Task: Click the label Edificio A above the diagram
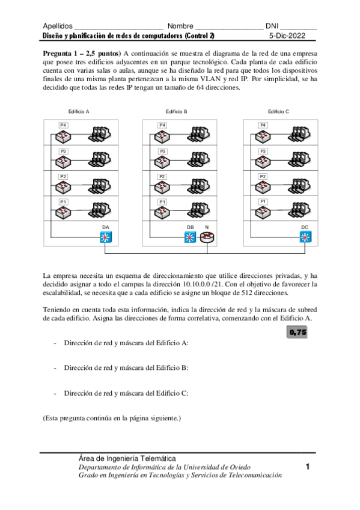click(79, 111)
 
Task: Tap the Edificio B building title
click(177, 111)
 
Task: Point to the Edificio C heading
click(278, 111)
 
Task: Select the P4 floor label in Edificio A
click(63, 124)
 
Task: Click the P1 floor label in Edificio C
click(263, 201)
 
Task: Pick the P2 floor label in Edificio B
click(162, 176)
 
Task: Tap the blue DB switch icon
click(191, 237)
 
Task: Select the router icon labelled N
click(207, 237)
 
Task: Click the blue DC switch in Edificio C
click(305, 237)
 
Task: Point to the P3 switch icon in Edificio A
click(63, 161)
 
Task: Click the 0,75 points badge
click(297, 332)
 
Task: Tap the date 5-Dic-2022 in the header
click(288, 35)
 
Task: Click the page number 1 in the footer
click(307, 467)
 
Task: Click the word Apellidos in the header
click(58, 26)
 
